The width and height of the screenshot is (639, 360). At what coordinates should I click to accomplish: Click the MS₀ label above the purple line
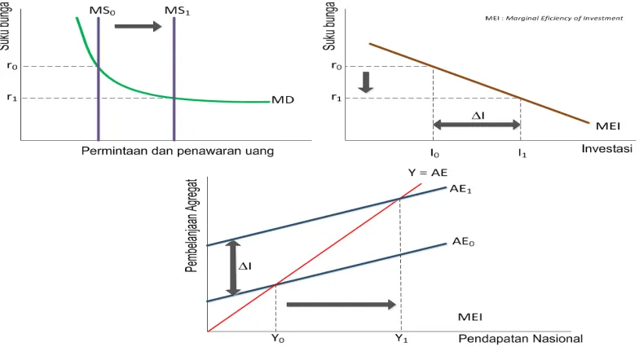[x=103, y=11]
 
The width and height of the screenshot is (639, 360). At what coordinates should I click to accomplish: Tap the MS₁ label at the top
[x=178, y=11]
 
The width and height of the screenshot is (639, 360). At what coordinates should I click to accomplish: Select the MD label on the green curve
[x=283, y=99]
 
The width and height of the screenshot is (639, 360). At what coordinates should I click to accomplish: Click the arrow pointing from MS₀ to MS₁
[x=139, y=26]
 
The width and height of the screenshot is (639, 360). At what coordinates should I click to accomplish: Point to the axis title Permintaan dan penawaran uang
[x=178, y=151]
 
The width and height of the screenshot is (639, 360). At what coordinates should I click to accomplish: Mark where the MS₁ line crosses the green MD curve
[x=174, y=98]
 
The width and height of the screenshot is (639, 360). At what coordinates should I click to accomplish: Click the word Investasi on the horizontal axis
[x=606, y=148]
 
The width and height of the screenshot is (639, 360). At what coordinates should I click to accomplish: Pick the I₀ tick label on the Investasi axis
[x=434, y=153]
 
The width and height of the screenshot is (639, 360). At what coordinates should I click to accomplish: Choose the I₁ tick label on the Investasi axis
[x=522, y=153]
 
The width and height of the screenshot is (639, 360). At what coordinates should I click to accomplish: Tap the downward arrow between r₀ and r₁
[x=365, y=82]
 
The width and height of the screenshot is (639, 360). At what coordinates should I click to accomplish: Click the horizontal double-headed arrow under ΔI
[x=476, y=125]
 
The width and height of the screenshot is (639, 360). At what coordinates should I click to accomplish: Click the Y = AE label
[x=428, y=173]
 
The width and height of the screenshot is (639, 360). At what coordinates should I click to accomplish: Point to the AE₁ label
[x=461, y=189]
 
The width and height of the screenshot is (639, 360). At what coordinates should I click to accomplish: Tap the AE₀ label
[x=463, y=242]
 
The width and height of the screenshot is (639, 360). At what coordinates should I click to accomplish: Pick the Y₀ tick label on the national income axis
[x=278, y=339]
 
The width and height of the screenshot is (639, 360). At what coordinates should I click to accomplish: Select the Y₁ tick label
[x=401, y=339]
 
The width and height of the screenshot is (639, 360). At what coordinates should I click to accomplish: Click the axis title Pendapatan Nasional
[x=520, y=339]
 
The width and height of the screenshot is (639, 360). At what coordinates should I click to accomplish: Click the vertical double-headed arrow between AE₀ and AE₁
[x=233, y=268]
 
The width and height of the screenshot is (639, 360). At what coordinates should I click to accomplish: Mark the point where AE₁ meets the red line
[x=399, y=199]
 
